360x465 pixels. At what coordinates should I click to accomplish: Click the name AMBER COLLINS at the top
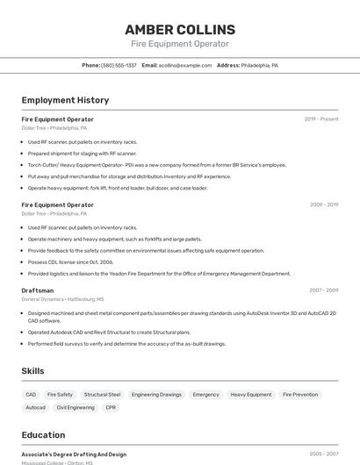tap(180, 30)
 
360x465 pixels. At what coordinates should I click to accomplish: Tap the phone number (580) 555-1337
tap(119, 65)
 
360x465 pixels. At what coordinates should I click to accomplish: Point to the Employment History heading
tap(65, 100)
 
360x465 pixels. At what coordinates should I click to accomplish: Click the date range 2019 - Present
tap(321, 118)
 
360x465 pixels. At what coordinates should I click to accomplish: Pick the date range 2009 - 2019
tap(324, 204)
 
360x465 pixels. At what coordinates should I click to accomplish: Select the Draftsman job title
tap(38, 290)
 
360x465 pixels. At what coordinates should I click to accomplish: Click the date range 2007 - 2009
tap(324, 290)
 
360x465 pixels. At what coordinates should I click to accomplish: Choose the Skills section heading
tap(33, 371)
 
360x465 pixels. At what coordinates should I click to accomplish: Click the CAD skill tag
tap(31, 395)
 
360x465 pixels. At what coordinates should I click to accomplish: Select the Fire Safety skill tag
tap(60, 395)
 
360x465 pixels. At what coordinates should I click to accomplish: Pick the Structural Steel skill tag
tap(102, 395)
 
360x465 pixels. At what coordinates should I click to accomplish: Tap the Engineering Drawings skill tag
tap(156, 395)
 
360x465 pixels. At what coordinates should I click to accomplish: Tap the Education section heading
tap(43, 435)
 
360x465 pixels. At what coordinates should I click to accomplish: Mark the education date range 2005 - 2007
tap(324, 454)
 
